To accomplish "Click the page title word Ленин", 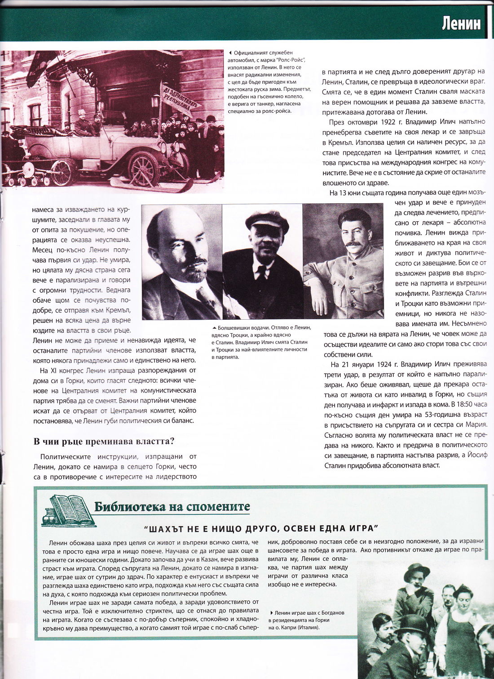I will [461, 23].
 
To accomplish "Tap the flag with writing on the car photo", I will [179, 100].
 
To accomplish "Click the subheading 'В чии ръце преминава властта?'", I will [104, 441].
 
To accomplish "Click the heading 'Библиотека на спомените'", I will [172, 507].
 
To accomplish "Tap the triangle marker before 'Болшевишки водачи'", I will [214, 328].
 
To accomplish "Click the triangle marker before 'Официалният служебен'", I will [231, 53].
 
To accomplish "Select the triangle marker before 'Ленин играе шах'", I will [271, 613].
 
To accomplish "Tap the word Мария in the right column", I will [476, 424].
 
